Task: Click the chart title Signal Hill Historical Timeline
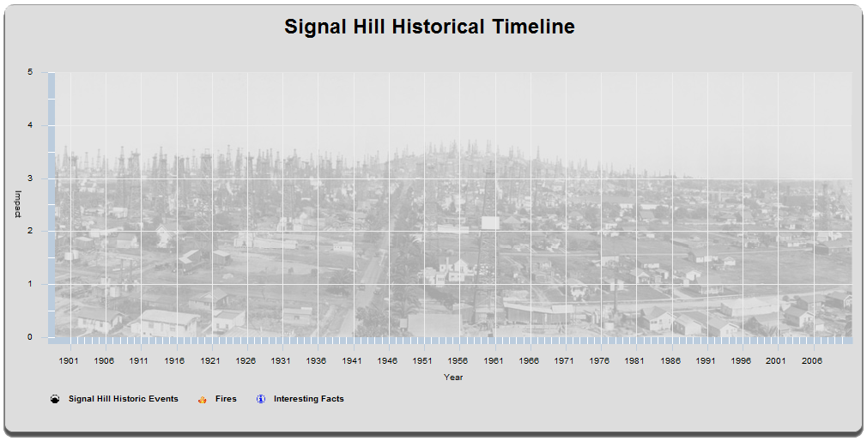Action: click(x=429, y=27)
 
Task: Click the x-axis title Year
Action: click(x=453, y=378)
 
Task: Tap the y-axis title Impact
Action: click(x=18, y=204)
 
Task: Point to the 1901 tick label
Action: click(x=69, y=361)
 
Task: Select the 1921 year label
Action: click(x=210, y=361)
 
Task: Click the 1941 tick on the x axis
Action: click(x=352, y=361)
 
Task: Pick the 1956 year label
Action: click(x=458, y=361)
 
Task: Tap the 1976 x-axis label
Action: click(x=599, y=361)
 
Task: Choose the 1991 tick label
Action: click(x=705, y=361)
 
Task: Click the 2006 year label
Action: click(x=811, y=361)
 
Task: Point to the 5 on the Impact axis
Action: click(x=30, y=72)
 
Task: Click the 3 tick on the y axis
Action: click(x=30, y=178)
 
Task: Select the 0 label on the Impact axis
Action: click(x=30, y=337)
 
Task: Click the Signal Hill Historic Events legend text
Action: click(x=124, y=398)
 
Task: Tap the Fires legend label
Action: click(x=226, y=398)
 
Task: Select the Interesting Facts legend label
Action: click(x=308, y=398)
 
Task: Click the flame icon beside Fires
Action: click(x=203, y=399)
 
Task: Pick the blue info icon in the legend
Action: click(x=261, y=399)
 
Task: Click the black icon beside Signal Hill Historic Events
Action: click(x=55, y=399)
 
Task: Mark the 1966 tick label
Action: click(x=529, y=361)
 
